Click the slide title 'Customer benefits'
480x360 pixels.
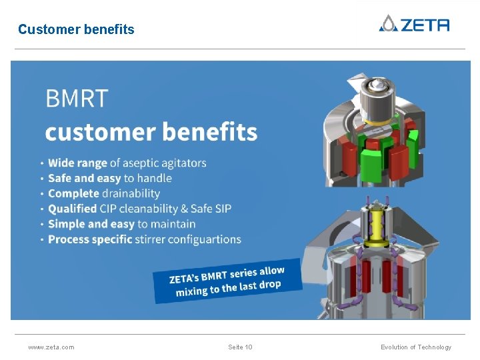coord(76,29)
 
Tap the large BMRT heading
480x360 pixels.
coord(76,99)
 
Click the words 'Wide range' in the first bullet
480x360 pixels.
coord(77,163)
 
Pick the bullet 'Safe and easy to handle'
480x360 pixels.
coord(110,178)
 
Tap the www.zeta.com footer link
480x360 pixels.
coord(51,347)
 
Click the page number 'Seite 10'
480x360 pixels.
coord(240,347)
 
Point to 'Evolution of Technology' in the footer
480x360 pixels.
coord(416,347)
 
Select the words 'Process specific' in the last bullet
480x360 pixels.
coord(90,239)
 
